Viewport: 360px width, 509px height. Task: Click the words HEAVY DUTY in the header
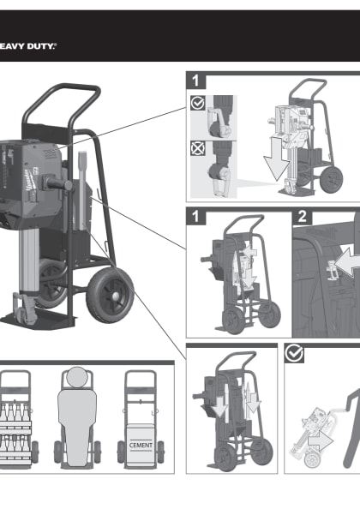tap(27, 46)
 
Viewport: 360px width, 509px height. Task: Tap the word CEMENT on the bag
tap(141, 445)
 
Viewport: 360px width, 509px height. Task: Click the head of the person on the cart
tap(77, 377)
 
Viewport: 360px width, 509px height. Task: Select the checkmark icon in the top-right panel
tap(197, 103)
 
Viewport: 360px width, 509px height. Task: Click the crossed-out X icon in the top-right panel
tap(197, 148)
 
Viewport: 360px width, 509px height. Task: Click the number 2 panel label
tap(302, 217)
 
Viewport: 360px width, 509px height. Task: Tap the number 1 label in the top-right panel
tap(195, 81)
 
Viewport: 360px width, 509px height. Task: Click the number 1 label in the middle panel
tap(195, 217)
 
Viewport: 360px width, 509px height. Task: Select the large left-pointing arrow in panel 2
tap(347, 262)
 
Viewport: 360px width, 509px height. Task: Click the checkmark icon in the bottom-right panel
tap(294, 354)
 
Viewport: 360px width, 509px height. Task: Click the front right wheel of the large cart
tap(110, 296)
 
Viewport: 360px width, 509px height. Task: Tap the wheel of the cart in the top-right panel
tap(331, 179)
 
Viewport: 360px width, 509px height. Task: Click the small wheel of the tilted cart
tap(312, 461)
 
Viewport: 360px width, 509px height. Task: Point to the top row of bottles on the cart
tap(15, 412)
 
